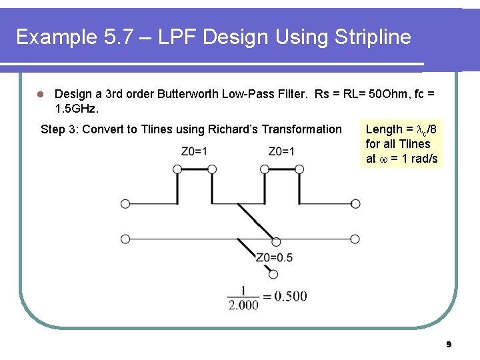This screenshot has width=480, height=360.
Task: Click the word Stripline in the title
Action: tap(371, 37)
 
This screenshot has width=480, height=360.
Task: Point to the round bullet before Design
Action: tap(41, 95)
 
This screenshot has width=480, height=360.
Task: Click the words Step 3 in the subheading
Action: tap(61, 129)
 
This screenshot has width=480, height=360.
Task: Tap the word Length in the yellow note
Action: tap(384, 129)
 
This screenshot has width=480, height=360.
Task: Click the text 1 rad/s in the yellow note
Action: tap(419, 159)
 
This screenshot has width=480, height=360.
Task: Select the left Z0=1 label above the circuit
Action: tap(194, 151)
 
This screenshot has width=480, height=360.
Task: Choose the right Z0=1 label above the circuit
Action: tap(281, 151)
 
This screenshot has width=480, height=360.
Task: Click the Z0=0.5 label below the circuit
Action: tap(274, 258)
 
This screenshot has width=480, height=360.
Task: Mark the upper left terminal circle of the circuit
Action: tap(125, 204)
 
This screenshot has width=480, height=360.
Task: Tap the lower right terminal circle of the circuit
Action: tap(355, 239)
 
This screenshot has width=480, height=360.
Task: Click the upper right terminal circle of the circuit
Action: tap(355, 204)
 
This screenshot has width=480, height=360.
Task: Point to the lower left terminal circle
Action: tap(125, 239)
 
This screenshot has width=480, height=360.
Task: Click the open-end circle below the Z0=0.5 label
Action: tap(273, 273)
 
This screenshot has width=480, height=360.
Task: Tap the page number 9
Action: tap(448, 344)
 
